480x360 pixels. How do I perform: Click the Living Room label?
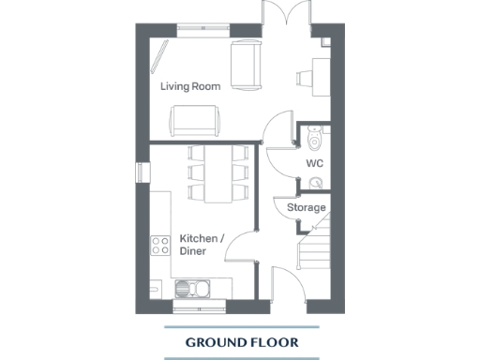coord(190,86)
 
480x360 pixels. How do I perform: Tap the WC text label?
coord(314,163)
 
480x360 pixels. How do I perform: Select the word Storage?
coord(307,207)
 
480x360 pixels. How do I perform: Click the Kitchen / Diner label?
coord(202,246)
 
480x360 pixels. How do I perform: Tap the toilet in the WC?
coord(313,139)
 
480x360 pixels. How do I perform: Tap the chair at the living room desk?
coord(306,78)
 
